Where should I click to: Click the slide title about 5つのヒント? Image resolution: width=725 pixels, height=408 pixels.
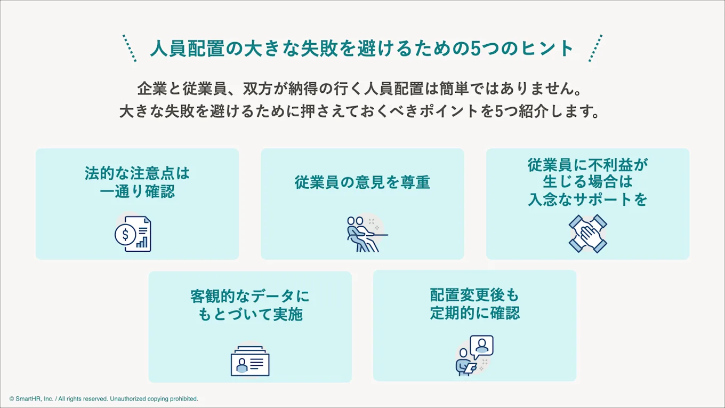click(x=362, y=49)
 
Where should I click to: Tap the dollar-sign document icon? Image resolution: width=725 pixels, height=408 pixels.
click(x=133, y=234)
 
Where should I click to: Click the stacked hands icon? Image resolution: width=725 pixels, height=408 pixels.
click(x=587, y=234)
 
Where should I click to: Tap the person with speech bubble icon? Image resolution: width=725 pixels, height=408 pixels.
click(x=475, y=355)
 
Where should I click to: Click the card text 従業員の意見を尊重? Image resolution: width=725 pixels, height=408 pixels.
click(x=362, y=182)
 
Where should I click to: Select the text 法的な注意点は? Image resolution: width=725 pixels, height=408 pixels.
click(x=138, y=174)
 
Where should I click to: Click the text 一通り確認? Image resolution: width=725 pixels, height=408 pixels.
click(x=138, y=191)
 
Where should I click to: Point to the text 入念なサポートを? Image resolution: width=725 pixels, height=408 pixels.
click(x=587, y=199)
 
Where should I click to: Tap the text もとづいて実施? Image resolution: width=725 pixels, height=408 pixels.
click(x=250, y=314)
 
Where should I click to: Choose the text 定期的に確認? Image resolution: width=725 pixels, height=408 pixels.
click(x=475, y=313)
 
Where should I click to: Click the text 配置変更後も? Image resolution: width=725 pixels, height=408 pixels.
click(x=475, y=295)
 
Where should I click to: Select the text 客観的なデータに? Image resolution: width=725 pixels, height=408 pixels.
click(x=250, y=296)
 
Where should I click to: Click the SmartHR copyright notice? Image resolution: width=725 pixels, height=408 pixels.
click(x=104, y=398)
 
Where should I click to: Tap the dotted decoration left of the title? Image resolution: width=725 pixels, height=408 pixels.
click(x=130, y=49)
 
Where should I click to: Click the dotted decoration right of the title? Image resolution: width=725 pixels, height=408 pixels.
click(x=595, y=49)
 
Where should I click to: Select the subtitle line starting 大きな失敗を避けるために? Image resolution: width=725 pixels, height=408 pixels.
click(x=362, y=112)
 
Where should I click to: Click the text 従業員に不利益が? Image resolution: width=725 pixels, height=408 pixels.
click(x=587, y=165)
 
